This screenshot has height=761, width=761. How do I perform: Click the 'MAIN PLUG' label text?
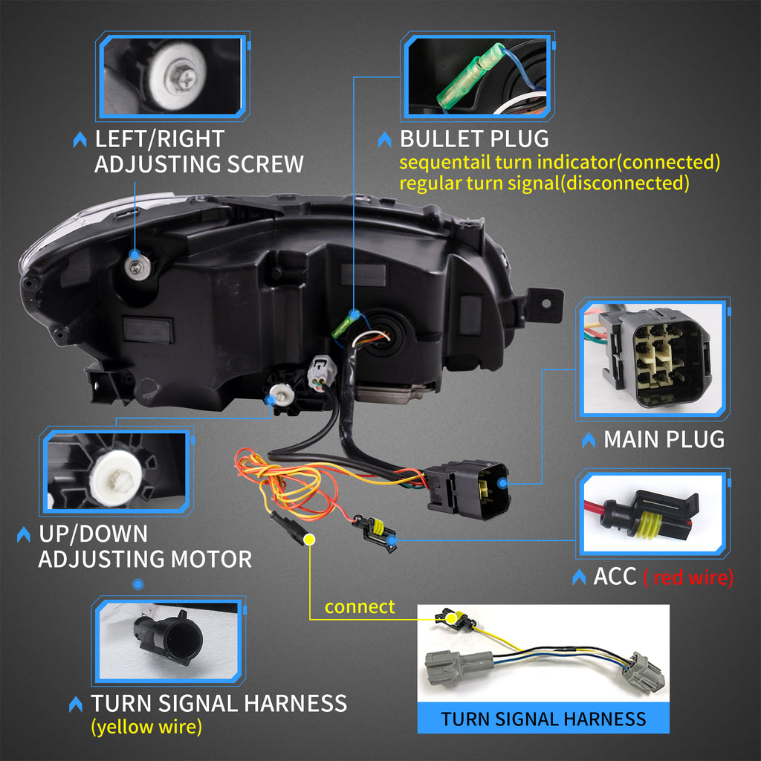pos(664,439)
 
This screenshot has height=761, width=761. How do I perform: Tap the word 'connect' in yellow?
pos(360,607)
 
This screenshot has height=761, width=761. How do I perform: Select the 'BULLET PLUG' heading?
pos(474,139)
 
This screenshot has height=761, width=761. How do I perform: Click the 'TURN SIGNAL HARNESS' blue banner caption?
pos(543,719)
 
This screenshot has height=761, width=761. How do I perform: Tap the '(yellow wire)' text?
pos(146,727)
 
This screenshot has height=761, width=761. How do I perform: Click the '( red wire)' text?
pos(688,577)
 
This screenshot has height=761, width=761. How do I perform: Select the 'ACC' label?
pos(615,577)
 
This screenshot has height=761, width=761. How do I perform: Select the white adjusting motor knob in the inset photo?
pos(117,476)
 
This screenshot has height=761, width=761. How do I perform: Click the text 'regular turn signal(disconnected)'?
pos(544,183)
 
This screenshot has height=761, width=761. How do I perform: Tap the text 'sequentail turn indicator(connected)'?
pos(560,161)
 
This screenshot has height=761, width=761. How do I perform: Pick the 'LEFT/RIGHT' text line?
pos(159,139)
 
